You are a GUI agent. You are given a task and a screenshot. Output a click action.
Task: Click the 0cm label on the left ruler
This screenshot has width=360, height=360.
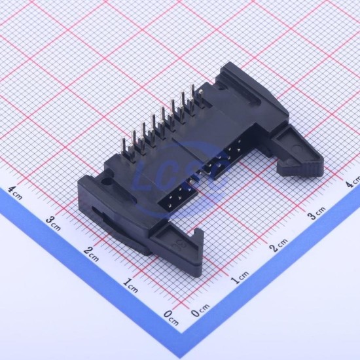(x=171, y=317)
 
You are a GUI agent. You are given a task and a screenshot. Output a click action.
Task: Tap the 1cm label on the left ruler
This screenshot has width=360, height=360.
(x=130, y=285)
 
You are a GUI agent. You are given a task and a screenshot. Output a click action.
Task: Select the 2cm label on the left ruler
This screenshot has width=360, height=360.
(x=92, y=254)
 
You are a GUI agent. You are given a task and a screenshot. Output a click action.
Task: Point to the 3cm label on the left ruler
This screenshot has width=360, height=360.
(x=53, y=223)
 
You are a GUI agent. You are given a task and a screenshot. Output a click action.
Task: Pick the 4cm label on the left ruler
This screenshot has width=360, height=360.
(x=15, y=192)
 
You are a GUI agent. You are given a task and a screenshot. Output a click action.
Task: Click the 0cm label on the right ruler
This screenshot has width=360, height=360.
(x=200, y=311)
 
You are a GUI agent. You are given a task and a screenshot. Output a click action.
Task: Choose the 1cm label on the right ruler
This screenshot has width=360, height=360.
(x=240, y=278)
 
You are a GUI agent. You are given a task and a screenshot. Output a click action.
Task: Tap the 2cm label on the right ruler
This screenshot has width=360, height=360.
(x=278, y=245)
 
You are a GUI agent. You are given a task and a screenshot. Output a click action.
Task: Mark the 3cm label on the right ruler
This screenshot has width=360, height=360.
(x=316, y=213)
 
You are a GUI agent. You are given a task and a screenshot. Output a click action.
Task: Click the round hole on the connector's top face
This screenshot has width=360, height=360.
(x=106, y=183)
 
